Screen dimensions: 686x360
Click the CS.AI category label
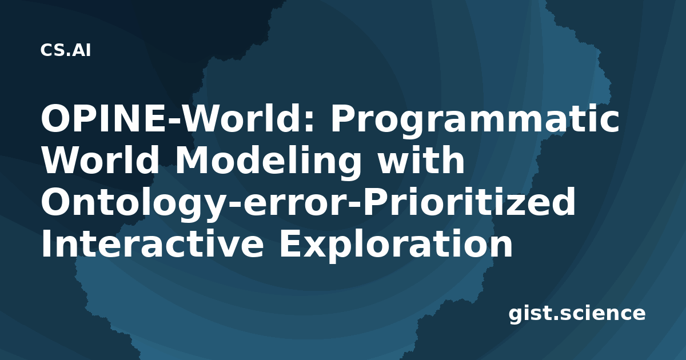pyautogui.click(x=66, y=50)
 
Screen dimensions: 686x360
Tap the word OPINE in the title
pyautogui.click(x=103, y=119)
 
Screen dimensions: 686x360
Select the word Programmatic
pyautogui.click(x=474, y=121)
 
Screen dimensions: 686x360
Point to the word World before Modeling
pyautogui.click(x=100, y=160)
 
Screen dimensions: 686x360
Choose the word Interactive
pyautogui.click(x=153, y=243)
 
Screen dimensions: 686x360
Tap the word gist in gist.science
pyautogui.click(x=531, y=315)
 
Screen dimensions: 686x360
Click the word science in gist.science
pyautogui.click(x=603, y=314)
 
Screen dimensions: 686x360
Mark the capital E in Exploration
pyautogui.click(x=290, y=243)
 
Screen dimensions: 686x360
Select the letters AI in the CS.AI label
pyautogui.click(x=82, y=50)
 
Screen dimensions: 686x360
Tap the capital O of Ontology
pyautogui.click(x=57, y=202)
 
